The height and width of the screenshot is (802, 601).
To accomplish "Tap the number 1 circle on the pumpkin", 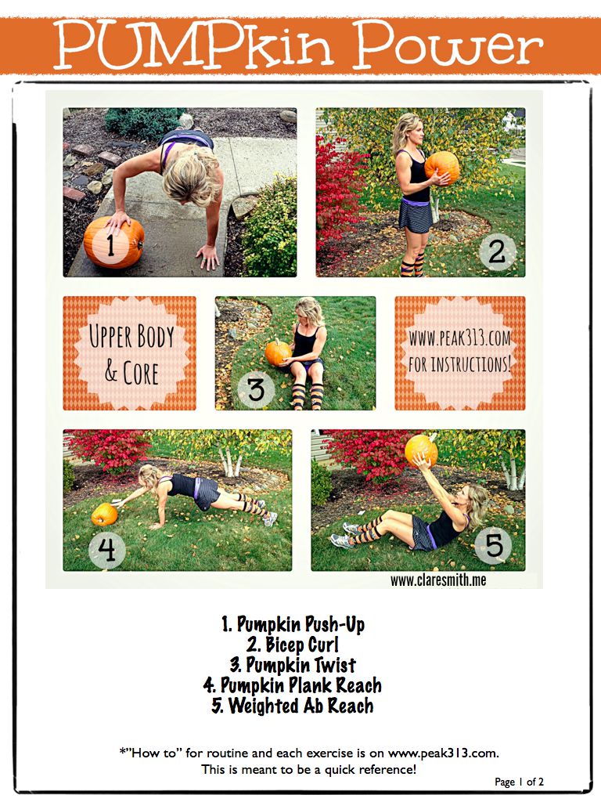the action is pos(111,245).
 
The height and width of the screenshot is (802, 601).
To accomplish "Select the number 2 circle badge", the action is pos(497,251).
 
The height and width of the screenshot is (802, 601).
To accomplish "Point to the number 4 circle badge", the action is pos(106,550).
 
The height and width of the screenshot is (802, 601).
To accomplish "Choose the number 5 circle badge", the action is pos(493,545).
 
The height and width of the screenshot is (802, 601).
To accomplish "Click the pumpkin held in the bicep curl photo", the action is pos(441,168).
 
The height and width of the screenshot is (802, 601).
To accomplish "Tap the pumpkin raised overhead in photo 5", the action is pos(422,450).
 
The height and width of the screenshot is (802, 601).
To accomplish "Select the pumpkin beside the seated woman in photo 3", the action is pos(279,352).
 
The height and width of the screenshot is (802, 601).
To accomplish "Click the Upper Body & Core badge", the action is pos(129,353).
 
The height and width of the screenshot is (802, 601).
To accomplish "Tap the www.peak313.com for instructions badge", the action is pos(460,353).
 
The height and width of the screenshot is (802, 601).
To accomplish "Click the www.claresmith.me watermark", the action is pos(438,580).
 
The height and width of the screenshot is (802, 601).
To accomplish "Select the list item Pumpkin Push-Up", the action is pos(293,624).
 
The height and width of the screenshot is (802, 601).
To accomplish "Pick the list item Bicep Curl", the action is pos(293,645).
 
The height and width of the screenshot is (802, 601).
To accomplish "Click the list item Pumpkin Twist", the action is pos(293,665).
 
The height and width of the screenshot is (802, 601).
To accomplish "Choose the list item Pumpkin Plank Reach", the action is pos(293,685).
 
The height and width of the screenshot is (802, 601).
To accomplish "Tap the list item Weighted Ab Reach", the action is pos(293,706).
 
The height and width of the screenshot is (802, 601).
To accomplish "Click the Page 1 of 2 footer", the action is pos(520,782).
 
